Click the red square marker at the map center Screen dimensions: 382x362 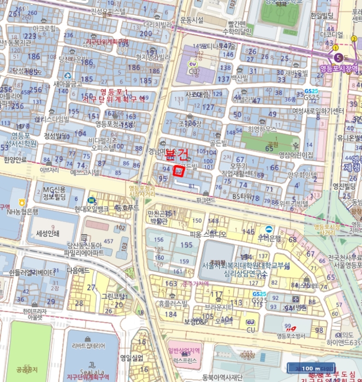(177, 170)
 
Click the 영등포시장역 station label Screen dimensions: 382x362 (338, 68)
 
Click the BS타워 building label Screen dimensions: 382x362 (245, 195)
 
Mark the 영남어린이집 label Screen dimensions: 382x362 (296, 155)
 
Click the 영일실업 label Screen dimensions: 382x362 (131, 358)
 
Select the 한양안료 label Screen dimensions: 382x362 (15, 160)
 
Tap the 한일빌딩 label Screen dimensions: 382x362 (322, 16)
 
